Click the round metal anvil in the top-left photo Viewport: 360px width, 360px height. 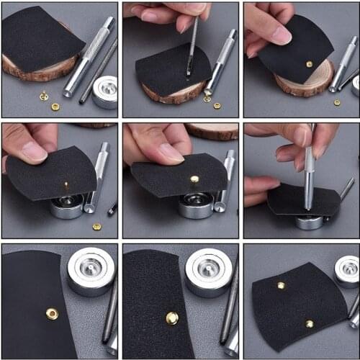(104, 91)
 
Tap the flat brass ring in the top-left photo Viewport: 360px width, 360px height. (55, 107)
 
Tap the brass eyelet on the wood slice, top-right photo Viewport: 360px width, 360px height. (310, 64)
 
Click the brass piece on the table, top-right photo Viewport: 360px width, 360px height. (337, 102)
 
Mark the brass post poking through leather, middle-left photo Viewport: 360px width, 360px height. (66, 186)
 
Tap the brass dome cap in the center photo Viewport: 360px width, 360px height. (194, 179)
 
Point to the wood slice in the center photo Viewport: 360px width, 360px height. (213, 130)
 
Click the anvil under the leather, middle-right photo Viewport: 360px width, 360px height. (310, 221)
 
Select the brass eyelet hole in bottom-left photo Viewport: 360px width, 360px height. (52, 313)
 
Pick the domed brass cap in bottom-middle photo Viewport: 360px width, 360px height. (172, 318)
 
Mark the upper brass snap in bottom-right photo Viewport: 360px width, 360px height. (281, 285)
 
